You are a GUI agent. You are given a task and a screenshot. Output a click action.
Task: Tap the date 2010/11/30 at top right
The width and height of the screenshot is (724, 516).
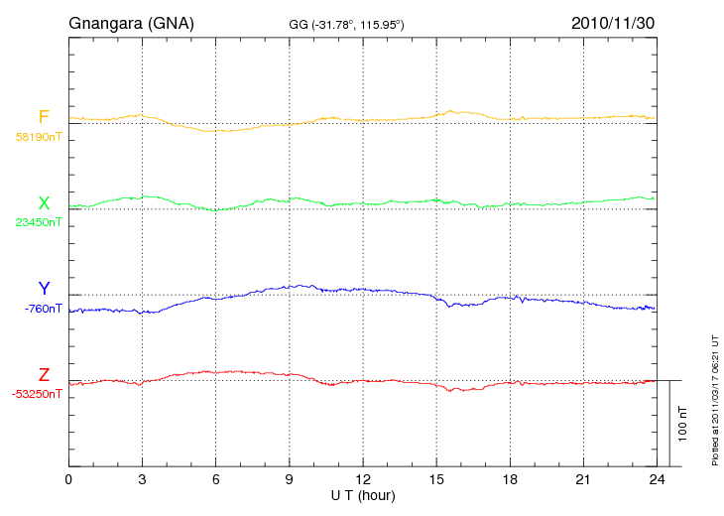(613, 22)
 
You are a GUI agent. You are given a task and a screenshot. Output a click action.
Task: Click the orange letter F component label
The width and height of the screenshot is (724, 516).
(44, 118)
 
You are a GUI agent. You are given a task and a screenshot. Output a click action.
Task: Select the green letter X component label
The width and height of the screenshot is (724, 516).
(44, 203)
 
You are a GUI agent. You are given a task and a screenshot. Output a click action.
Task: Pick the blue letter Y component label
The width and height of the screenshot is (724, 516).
(44, 289)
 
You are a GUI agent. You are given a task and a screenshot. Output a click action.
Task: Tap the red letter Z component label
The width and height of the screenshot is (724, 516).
(44, 375)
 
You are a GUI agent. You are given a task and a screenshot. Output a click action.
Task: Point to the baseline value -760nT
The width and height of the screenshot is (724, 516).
(43, 308)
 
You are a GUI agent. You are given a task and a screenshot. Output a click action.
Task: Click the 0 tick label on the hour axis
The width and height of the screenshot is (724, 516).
(68, 480)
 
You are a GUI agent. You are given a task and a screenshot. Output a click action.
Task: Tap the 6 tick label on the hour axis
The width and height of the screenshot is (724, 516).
(215, 480)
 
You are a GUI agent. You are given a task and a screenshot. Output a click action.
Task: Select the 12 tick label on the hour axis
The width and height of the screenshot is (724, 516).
(362, 480)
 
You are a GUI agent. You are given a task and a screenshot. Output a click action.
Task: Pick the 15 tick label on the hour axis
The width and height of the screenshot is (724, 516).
(435, 480)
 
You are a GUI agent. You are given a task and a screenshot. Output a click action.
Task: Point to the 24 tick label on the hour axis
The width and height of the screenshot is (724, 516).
(656, 480)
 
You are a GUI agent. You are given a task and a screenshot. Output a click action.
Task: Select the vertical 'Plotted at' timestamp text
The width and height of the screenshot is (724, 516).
(714, 397)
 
